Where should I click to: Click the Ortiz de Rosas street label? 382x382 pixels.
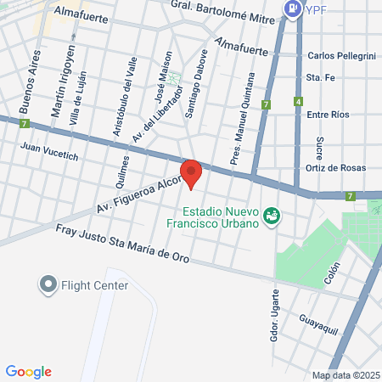tap(335, 167)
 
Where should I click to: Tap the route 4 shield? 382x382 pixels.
tap(299, 102)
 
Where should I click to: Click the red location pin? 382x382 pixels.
tap(192, 173)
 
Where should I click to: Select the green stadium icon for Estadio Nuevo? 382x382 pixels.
tap(271, 216)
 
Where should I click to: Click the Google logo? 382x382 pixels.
tap(28, 371)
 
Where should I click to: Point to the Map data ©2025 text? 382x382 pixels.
tap(345, 375)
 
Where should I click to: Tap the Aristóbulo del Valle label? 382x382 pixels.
tap(124, 104)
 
